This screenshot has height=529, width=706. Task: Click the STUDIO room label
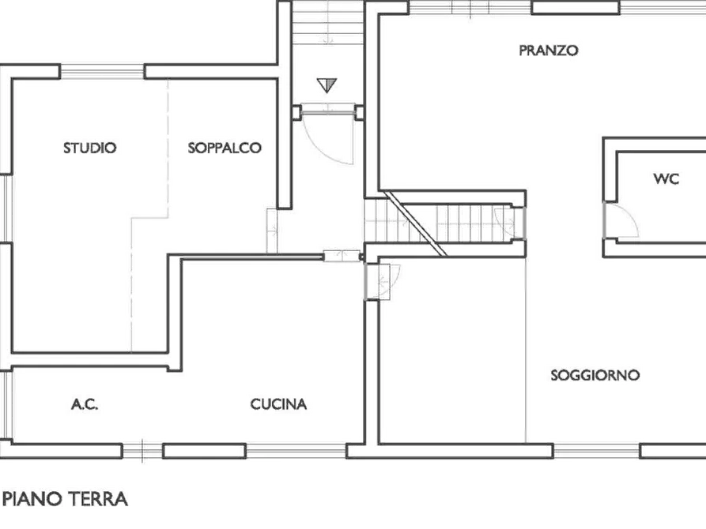pyautogui.click(x=90, y=148)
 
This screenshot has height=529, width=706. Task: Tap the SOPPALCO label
pyautogui.click(x=225, y=148)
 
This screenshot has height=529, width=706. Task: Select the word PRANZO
pyautogui.click(x=548, y=51)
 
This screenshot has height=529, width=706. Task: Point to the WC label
pyautogui.click(x=666, y=179)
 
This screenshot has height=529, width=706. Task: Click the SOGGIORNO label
pyautogui.click(x=595, y=375)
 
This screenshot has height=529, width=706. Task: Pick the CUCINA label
pyautogui.click(x=278, y=405)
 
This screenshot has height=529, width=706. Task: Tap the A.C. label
pyautogui.click(x=84, y=405)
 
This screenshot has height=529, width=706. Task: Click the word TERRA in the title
pyautogui.click(x=99, y=499)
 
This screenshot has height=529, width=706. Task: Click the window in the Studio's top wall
pyautogui.click(x=102, y=72)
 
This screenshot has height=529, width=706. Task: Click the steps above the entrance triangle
pyautogui.click(x=325, y=28)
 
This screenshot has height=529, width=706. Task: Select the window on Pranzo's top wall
pyautogui.click(x=575, y=8)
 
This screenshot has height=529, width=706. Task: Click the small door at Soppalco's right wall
pyautogui.click(x=271, y=229)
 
